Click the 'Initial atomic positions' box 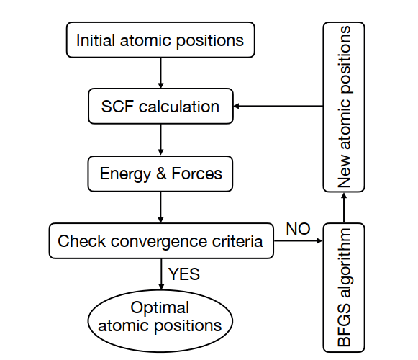(160, 40)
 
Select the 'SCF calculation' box (160, 107)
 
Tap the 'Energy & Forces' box (160, 174)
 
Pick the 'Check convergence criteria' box (161, 240)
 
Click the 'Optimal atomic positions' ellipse (160, 321)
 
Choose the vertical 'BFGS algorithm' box (344, 288)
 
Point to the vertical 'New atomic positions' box (344, 107)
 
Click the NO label (298, 229)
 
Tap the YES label (184, 274)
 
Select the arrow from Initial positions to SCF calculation (160, 73)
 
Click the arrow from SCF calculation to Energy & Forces (160, 139)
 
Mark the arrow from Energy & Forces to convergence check (160, 207)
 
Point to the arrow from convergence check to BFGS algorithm (299, 240)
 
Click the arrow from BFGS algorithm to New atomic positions (344, 207)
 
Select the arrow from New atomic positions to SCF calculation (278, 107)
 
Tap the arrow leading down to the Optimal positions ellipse (161, 274)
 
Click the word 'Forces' (196, 174)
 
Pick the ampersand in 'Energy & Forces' (161, 174)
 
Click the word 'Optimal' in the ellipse (160, 307)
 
